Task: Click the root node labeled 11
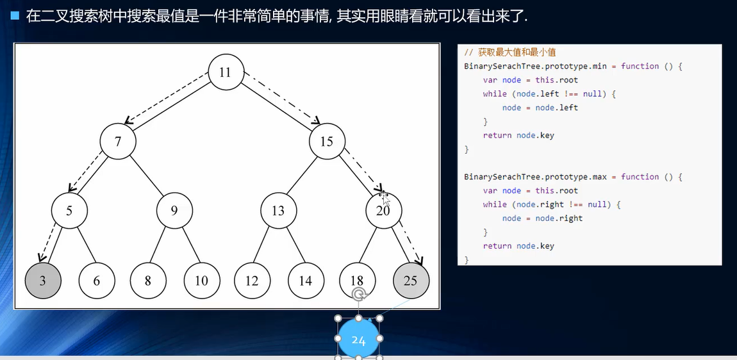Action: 226,72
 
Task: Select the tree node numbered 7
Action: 118,141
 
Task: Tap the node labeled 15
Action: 327,141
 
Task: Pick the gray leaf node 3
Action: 43,280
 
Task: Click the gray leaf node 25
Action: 411,280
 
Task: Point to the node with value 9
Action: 174,210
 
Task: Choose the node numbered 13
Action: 278,210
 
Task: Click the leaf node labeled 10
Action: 202,280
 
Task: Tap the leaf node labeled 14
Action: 306,280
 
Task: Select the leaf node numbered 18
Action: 357,280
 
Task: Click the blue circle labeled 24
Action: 358,340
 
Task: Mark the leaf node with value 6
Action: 97,280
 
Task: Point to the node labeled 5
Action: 69,210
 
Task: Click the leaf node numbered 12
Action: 252,280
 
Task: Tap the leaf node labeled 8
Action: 148,280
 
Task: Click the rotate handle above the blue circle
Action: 359,294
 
